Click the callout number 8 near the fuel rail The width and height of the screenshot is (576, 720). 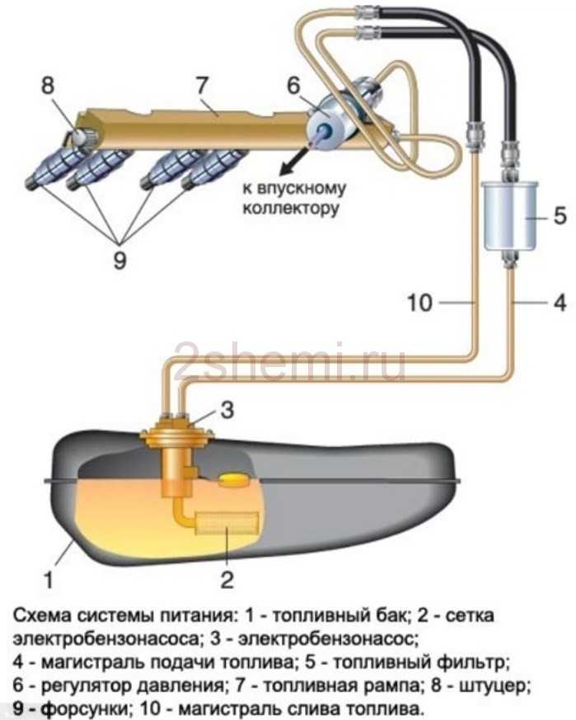point(48,86)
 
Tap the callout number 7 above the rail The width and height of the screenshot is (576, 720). point(203,86)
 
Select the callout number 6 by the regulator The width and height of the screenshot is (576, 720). point(293,86)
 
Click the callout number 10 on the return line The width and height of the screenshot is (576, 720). point(420,303)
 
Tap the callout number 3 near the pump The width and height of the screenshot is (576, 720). point(227,410)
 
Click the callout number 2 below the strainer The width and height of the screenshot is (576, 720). point(227,580)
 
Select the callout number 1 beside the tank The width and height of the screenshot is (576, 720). point(48,580)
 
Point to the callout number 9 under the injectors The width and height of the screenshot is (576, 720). point(119,261)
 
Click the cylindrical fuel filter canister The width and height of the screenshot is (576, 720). point(509,215)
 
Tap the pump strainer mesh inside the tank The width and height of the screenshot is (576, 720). point(227,524)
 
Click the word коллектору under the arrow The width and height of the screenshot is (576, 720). point(291,209)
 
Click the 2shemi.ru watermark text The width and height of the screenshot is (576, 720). point(290,361)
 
